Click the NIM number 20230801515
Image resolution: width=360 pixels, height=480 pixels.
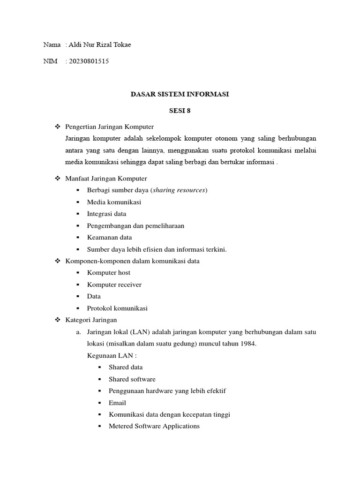coord(89,61)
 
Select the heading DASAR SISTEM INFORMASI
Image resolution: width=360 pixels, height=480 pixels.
coord(180,94)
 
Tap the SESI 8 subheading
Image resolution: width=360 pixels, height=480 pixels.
coord(180,111)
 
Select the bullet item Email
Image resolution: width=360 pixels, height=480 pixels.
coord(117,403)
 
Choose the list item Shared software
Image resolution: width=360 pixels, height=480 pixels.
coord(132,379)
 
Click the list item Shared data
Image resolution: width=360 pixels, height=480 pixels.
coord(126,367)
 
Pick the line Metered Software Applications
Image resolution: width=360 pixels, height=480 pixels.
coord(154,426)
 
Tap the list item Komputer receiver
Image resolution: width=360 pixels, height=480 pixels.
coord(114,285)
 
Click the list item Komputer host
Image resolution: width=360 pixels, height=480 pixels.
coord(109,273)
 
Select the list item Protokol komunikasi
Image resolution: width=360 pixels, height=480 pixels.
coord(117,308)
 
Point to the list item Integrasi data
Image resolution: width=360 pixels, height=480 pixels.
coord(106,214)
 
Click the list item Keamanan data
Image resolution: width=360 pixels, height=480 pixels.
coord(109,237)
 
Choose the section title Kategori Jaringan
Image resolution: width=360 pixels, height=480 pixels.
coord(91,320)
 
